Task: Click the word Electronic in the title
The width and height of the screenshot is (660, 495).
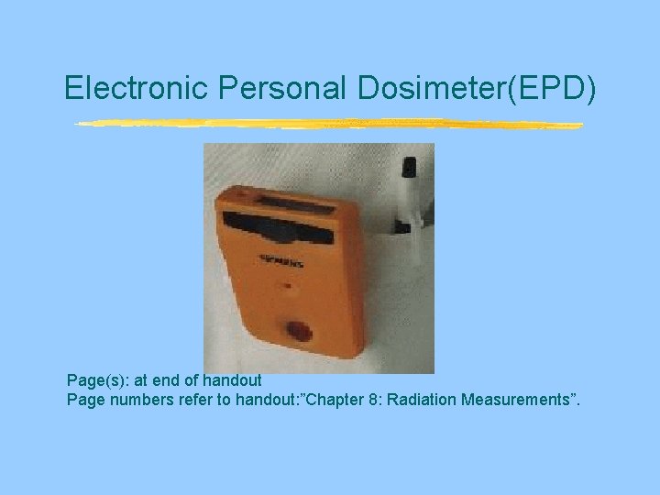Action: (x=137, y=87)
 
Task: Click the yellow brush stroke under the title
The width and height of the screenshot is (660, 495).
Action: (x=328, y=124)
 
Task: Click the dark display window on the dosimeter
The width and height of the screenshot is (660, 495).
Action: (x=279, y=225)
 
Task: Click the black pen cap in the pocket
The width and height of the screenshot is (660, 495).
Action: (x=409, y=168)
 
